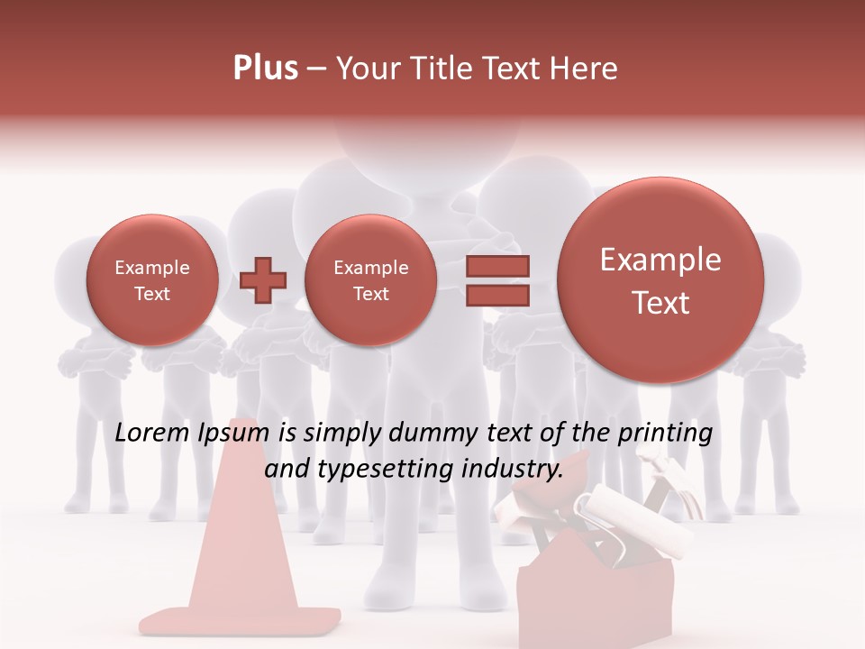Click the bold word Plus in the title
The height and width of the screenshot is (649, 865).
click(x=265, y=68)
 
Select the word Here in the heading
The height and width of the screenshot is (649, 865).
click(x=586, y=69)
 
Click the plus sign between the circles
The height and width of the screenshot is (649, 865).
click(x=263, y=280)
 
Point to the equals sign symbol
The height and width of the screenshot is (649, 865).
click(x=497, y=280)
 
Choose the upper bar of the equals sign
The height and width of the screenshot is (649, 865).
click(x=497, y=266)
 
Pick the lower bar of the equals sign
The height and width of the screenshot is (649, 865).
click(x=497, y=296)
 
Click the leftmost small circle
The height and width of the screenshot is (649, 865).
click(x=152, y=280)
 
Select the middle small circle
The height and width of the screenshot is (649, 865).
click(x=370, y=280)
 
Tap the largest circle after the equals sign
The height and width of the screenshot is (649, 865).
click(x=660, y=280)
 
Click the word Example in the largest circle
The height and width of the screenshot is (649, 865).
click(x=660, y=260)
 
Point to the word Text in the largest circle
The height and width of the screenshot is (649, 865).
click(x=660, y=303)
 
